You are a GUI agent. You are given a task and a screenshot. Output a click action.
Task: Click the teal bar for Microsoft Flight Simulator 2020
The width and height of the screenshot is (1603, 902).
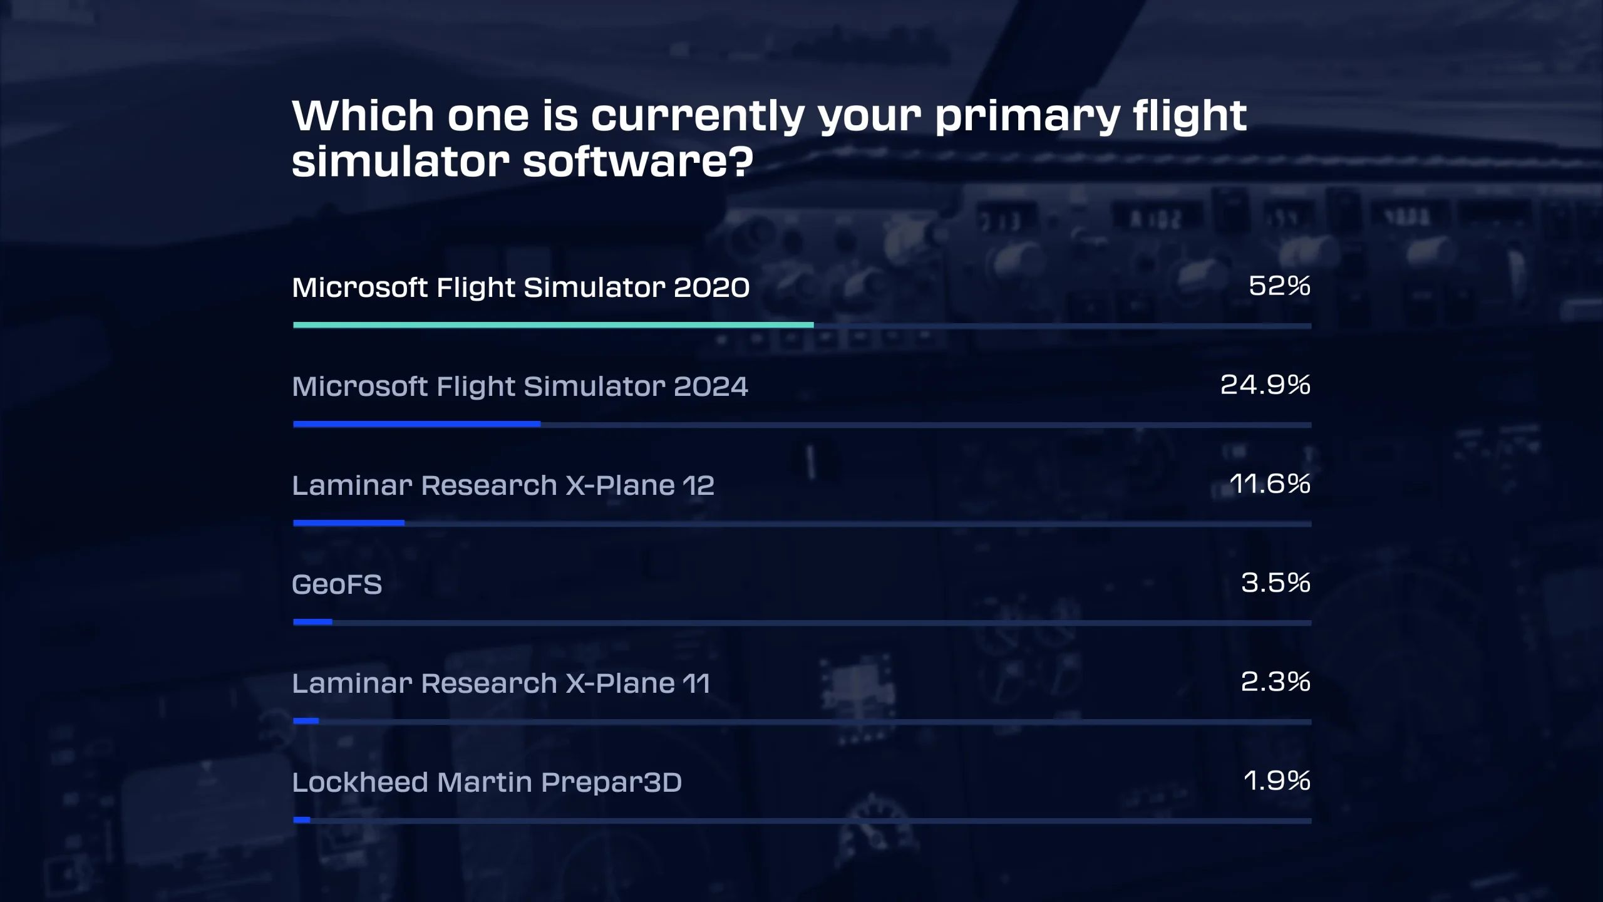coord(554,325)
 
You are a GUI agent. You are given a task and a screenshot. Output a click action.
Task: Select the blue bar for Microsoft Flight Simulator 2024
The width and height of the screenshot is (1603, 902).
coord(416,424)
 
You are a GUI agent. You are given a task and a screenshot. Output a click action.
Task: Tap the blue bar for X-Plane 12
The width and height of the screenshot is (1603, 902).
coord(349,523)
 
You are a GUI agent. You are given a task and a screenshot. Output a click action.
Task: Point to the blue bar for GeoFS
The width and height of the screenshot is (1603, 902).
coord(312,622)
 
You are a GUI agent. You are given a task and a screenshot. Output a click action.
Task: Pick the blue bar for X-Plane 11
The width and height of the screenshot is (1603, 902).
coord(306,721)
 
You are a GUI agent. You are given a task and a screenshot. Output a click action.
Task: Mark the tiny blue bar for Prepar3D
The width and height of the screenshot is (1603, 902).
coord(302,820)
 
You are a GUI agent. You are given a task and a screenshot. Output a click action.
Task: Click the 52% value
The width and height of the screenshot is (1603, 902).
coord(1279,286)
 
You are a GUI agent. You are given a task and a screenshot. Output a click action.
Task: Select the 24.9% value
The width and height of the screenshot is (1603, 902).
coord(1265,385)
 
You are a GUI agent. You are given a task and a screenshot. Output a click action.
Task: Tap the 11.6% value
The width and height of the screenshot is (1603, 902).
coord(1270,484)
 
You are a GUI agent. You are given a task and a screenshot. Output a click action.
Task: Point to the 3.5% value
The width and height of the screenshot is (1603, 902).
coord(1276,583)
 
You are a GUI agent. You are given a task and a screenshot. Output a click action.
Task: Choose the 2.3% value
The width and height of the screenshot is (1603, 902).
coord(1276,682)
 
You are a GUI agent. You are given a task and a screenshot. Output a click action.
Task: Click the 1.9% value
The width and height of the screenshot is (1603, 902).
coord(1277,780)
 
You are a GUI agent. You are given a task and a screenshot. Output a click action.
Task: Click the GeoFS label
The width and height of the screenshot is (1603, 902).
coord(337,584)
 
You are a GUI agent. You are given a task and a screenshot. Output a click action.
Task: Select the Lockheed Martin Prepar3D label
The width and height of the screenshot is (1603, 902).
coord(487,782)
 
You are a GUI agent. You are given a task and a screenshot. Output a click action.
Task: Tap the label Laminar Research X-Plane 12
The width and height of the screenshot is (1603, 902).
coord(503,485)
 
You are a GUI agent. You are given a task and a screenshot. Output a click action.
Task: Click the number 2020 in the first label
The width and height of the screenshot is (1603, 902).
coord(711,288)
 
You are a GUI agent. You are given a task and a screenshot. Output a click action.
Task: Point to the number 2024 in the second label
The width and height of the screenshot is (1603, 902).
coord(711,386)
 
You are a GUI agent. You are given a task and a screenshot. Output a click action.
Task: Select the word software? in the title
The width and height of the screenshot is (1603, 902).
coord(637,162)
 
